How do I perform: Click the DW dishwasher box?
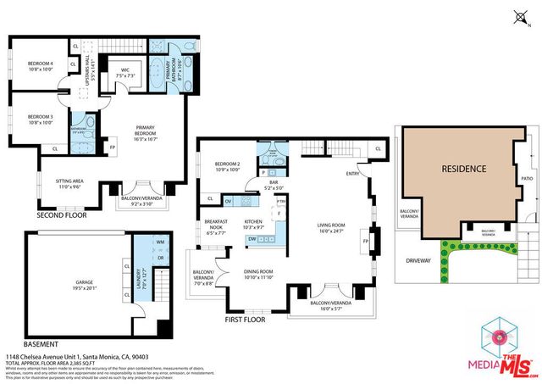(252, 239)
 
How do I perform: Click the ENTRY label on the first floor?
(352, 173)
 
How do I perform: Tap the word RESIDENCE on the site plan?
(463, 169)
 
